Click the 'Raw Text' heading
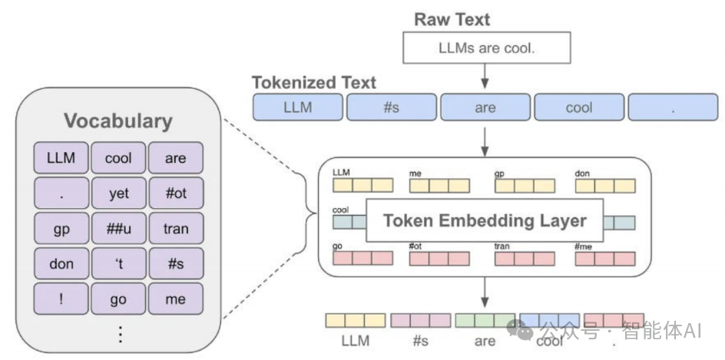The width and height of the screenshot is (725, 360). (452, 19)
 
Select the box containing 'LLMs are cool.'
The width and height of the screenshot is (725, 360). (486, 48)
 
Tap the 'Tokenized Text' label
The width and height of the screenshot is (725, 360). (314, 82)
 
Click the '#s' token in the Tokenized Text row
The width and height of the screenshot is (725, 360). (391, 107)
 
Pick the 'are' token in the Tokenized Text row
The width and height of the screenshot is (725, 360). (485, 107)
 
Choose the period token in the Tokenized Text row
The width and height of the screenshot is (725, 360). (672, 107)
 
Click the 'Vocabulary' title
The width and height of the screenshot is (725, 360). (118, 121)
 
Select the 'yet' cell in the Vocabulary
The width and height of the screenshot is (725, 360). (118, 193)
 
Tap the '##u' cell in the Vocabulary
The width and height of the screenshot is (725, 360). (118, 229)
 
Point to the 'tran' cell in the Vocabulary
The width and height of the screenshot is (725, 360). (175, 229)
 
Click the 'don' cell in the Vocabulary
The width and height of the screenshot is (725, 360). (61, 263)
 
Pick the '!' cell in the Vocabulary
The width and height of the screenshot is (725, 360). (61, 299)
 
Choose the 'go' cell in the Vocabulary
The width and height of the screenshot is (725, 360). (118, 299)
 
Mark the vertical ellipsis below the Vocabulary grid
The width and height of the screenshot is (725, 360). (119, 334)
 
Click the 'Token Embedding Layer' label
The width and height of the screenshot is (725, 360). (485, 221)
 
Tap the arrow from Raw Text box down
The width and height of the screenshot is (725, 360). (485, 75)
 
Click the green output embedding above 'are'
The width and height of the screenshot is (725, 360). (485, 320)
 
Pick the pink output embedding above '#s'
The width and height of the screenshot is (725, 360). (420, 320)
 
